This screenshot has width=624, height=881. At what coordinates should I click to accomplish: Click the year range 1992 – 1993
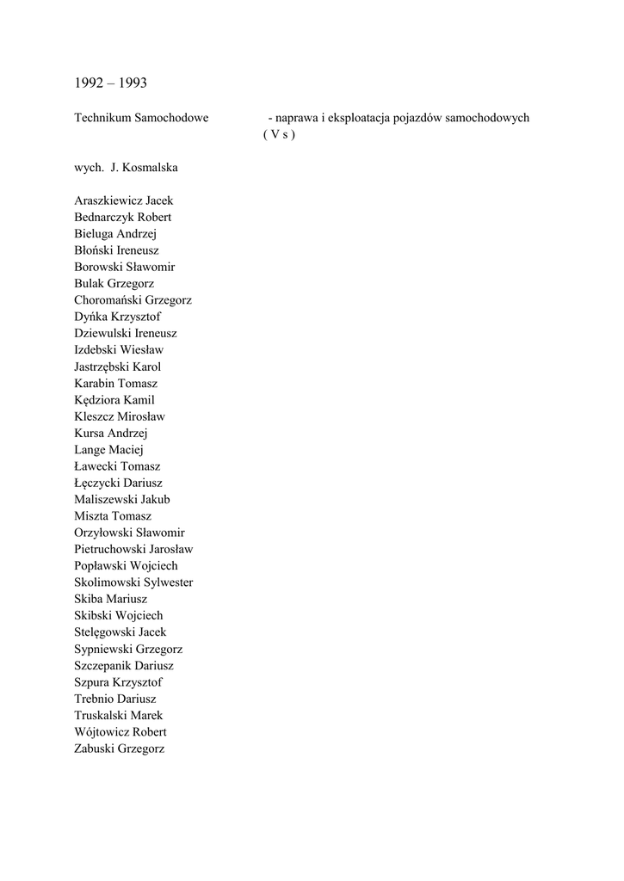click(110, 83)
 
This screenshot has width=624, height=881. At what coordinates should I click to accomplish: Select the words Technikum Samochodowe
click(141, 118)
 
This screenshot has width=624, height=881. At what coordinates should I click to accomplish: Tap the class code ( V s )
click(279, 135)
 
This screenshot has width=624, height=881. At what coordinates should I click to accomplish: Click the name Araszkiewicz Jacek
click(123, 200)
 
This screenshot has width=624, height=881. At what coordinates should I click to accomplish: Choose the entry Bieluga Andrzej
click(115, 234)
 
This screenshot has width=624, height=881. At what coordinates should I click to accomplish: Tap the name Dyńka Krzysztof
click(117, 317)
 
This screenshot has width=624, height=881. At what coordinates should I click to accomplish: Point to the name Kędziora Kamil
click(114, 400)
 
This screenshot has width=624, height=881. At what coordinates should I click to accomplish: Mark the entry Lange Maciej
click(108, 450)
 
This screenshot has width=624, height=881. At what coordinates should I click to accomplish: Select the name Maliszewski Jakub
click(121, 499)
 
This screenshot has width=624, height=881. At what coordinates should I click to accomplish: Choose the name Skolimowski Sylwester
click(133, 582)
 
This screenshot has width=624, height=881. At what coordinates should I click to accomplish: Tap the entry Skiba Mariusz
click(110, 599)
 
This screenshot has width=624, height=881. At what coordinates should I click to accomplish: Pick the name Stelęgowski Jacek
click(120, 632)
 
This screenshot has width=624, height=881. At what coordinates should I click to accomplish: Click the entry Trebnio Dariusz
click(115, 699)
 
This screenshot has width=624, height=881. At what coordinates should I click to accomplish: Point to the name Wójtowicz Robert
click(120, 732)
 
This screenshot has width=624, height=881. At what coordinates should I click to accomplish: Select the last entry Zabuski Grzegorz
click(119, 749)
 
